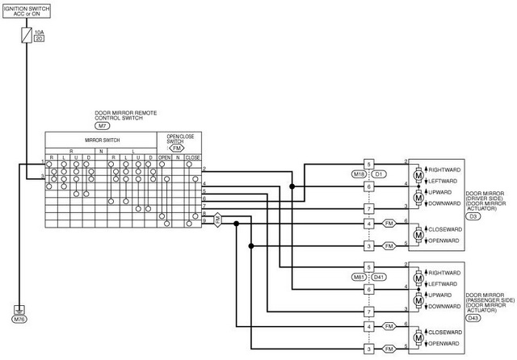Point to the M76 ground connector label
tap(19, 320)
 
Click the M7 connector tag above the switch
tap(103, 126)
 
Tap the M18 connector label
tap(359, 174)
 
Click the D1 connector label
tap(379, 174)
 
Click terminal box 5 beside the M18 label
tap(368, 163)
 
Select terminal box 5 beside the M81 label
tap(368, 266)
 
